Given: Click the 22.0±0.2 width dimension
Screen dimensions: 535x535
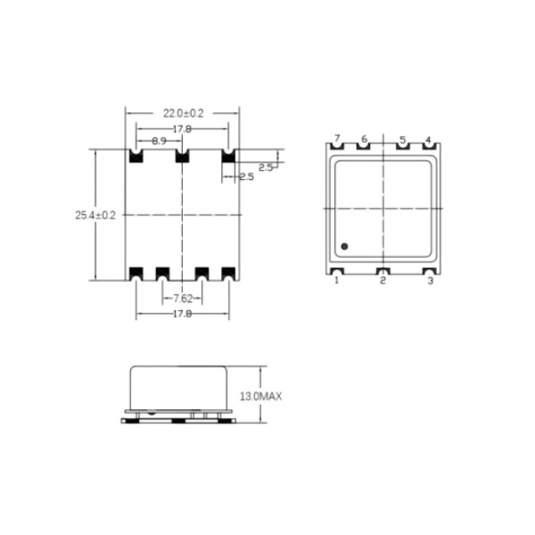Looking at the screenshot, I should point(183,113).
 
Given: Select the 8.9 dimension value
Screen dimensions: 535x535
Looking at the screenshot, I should point(158,142).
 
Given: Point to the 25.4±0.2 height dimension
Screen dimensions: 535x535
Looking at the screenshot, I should point(95,215).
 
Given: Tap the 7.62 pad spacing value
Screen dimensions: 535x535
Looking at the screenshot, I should point(183,298).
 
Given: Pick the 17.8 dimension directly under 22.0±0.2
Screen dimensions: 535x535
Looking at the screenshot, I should point(183,128).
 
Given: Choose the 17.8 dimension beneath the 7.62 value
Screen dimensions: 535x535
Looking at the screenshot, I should point(183,315).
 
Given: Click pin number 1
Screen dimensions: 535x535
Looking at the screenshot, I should point(337,281).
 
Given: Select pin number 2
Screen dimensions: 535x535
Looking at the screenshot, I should point(383,281).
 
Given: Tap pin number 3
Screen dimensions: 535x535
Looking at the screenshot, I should point(431,281).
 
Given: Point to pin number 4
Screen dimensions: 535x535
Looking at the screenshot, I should point(428,140).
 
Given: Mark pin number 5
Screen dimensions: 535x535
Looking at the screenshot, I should point(402,140).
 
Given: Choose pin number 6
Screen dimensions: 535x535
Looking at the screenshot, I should point(364,140).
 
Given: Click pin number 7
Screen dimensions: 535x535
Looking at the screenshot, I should point(337,140).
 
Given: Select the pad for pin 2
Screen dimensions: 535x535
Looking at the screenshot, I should point(383,271).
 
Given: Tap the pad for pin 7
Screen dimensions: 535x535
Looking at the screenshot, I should point(337,150).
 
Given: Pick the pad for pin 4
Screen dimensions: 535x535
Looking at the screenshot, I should point(428,150).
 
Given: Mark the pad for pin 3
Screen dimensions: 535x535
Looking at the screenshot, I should point(429,271).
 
